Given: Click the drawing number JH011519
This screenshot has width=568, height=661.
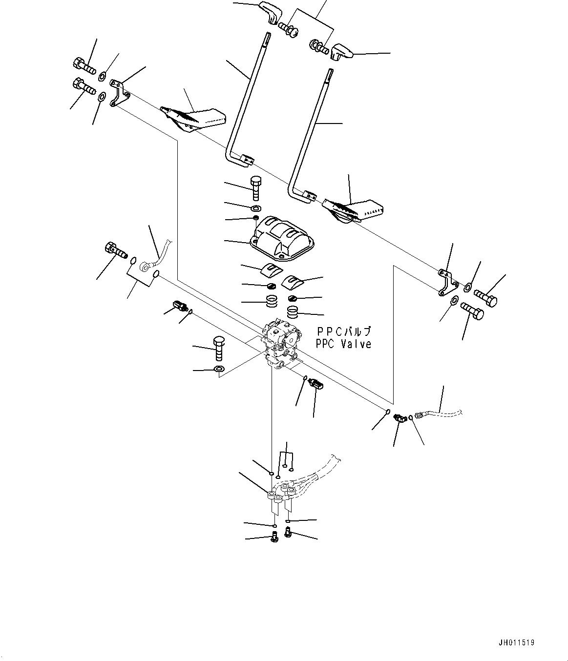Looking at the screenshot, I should pyautogui.click(x=517, y=643).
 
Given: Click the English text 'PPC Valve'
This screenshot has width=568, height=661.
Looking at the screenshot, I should pyautogui.click(x=343, y=344).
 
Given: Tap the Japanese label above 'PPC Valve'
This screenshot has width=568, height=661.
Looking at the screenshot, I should pyautogui.click(x=343, y=332).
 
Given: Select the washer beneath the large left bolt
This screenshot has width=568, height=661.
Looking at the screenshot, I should pyautogui.click(x=220, y=369).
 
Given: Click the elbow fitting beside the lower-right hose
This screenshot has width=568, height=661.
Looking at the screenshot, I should pyautogui.click(x=401, y=418).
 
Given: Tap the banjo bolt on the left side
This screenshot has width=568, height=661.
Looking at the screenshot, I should pyautogui.click(x=115, y=251).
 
